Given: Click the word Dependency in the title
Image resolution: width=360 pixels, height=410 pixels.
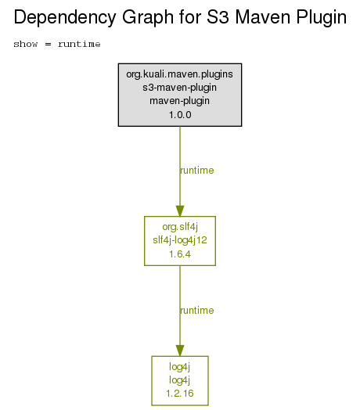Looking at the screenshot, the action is (x=65, y=18).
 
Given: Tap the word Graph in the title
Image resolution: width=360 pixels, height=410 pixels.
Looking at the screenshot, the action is (x=148, y=18).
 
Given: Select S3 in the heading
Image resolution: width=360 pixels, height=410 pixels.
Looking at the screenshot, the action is (x=218, y=17).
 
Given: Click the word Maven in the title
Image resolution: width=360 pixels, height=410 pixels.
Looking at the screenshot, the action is (x=263, y=17).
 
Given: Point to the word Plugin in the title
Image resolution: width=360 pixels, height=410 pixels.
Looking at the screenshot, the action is (x=322, y=18).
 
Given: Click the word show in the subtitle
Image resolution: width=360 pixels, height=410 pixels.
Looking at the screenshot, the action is (x=26, y=44).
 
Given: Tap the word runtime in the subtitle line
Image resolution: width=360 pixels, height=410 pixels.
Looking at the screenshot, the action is (x=79, y=44).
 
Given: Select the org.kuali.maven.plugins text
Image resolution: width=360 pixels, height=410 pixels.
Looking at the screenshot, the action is (x=179, y=74).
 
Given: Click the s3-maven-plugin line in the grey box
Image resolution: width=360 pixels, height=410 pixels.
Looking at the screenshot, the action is (x=179, y=88).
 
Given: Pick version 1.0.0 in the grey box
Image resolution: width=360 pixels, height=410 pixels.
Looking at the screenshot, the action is (x=180, y=115).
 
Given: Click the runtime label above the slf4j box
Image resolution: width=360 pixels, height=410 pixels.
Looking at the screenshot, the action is (x=197, y=171).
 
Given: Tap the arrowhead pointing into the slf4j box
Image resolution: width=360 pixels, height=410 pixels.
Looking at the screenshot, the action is (x=180, y=211).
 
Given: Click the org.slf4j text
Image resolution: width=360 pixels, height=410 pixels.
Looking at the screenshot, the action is (x=180, y=227).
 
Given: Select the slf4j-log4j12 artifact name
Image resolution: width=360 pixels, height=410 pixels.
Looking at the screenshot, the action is (x=180, y=240).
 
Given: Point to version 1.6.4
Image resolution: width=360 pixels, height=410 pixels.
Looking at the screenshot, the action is (x=180, y=254).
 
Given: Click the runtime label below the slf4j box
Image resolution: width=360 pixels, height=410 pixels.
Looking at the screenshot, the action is (x=197, y=311).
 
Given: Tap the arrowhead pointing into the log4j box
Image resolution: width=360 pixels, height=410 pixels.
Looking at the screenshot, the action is (x=180, y=351).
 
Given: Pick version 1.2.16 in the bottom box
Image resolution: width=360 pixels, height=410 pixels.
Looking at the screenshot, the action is (x=180, y=394).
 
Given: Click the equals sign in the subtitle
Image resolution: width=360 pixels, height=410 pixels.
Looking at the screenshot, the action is (x=48, y=44).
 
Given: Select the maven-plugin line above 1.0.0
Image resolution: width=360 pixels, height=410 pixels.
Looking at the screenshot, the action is (x=179, y=101).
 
